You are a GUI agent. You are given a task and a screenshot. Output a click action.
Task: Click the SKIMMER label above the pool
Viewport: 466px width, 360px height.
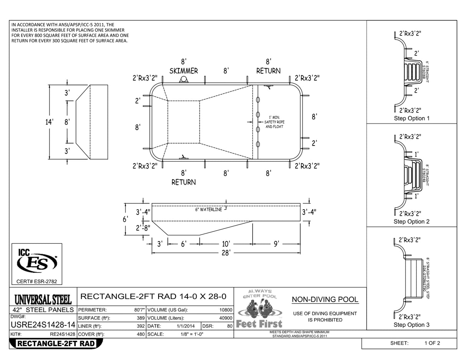(x=184, y=71)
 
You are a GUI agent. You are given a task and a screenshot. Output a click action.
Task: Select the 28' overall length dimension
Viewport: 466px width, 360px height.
(x=226, y=253)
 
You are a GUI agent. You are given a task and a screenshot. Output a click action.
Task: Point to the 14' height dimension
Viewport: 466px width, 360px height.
(x=50, y=122)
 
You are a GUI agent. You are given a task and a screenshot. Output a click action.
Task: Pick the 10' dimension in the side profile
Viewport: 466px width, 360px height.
(x=226, y=244)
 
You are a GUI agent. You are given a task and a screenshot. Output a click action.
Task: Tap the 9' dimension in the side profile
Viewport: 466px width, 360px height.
(x=276, y=244)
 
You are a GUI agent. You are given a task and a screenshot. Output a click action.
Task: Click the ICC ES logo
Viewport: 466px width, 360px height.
(x=37, y=261)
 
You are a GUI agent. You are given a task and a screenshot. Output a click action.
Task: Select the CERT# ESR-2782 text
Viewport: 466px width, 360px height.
(x=37, y=282)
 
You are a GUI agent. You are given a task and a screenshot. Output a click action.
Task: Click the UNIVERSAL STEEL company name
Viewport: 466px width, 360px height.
(x=43, y=299)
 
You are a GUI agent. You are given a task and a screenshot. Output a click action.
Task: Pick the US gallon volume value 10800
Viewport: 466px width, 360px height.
(x=225, y=310)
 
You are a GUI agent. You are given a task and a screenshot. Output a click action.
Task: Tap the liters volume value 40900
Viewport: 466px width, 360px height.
(x=225, y=318)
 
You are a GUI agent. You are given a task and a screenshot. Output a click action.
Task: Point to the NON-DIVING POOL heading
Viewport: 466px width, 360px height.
(x=325, y=300)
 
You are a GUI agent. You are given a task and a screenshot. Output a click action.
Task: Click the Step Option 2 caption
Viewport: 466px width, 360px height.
(x=411, y=221)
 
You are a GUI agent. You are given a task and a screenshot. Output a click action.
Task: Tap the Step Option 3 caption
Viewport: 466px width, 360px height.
(x=411, y=325)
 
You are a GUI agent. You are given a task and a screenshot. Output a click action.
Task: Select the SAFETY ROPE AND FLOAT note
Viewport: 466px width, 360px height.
(x=274, y=122)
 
